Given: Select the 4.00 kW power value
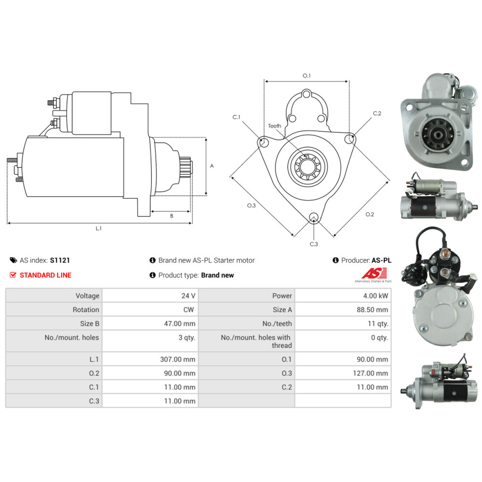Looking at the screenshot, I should click(377, 295).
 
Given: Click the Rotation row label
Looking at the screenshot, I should click(86, 309).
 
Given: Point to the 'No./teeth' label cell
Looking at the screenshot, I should click(277, 323).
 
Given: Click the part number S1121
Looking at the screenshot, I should click(60, 260).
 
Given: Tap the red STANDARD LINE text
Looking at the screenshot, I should click(45, 275).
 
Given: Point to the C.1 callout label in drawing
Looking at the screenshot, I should click(236, 117).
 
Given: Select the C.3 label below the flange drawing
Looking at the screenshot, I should click(314, 244).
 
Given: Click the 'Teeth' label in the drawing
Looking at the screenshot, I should click(275, 126).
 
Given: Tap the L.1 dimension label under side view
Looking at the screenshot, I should click(99, 228).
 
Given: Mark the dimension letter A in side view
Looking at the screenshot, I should click(212, 166).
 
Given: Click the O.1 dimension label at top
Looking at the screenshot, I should click(307, 76).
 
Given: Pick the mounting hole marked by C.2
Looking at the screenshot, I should click(349, 139).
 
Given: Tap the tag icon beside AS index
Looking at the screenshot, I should click(13, 260).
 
